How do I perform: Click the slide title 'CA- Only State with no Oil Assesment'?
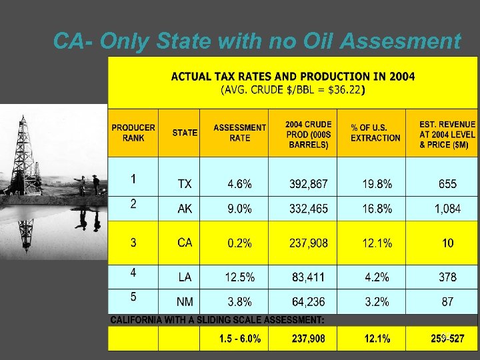257,41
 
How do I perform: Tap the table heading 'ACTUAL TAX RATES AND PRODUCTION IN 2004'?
293,77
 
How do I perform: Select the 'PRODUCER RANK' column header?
133,133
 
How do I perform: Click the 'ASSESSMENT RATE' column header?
239,133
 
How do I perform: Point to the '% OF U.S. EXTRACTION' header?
375,133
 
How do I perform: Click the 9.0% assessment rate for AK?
239,209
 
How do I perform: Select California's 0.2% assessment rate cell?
239,243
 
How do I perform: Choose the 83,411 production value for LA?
308,277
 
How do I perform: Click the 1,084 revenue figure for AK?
447,209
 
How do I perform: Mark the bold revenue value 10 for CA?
447,243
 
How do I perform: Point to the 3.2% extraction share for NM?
377,302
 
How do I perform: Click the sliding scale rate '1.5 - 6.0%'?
240,339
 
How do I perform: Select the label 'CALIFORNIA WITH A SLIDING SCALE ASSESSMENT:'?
217,321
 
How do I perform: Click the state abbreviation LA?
185,277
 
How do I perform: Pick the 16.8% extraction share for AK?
377,209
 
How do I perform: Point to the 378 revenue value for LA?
447,277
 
